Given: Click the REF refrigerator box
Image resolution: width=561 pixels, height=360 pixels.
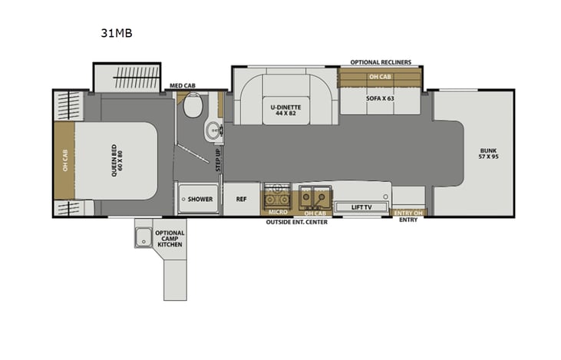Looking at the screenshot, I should [240, 198].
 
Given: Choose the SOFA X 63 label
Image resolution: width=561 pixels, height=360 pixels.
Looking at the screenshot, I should [380, 98].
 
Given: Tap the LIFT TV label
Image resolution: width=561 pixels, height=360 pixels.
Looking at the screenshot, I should [362, 206].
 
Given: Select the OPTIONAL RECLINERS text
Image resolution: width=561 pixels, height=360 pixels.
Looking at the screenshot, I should [381, 61].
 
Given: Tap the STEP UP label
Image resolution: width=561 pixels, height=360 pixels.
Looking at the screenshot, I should [218, 160].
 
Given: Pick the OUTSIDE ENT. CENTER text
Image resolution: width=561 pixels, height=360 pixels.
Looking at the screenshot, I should [296, 222].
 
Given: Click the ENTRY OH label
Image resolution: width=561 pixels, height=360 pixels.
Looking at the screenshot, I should [408, 213].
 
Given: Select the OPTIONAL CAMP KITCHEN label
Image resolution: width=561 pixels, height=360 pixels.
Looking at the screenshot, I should [169, 239].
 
